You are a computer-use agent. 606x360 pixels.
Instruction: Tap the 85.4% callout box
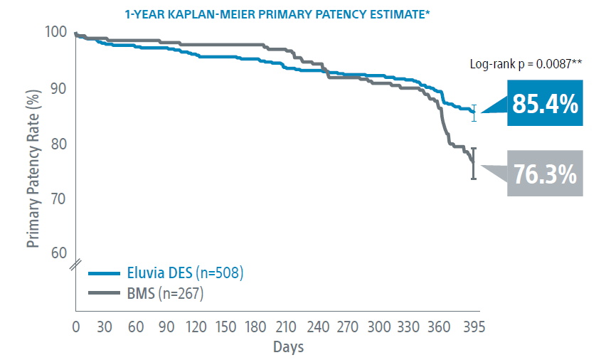543,105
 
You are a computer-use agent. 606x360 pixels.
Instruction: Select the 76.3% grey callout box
545,174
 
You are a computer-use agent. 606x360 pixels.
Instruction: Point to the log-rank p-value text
526,63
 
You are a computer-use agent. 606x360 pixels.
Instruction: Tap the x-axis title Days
288,347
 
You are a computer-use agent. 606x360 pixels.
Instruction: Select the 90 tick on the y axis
58,88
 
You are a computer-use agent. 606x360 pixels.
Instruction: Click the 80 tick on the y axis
58,144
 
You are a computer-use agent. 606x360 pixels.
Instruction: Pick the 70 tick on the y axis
58,198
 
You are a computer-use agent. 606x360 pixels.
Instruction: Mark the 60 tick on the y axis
58,254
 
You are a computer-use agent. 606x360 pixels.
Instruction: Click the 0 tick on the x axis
75,327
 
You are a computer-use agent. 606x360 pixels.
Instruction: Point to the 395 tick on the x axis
474,327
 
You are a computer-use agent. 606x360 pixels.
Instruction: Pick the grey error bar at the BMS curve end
474,164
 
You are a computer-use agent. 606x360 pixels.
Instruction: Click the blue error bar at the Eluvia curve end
474,113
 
